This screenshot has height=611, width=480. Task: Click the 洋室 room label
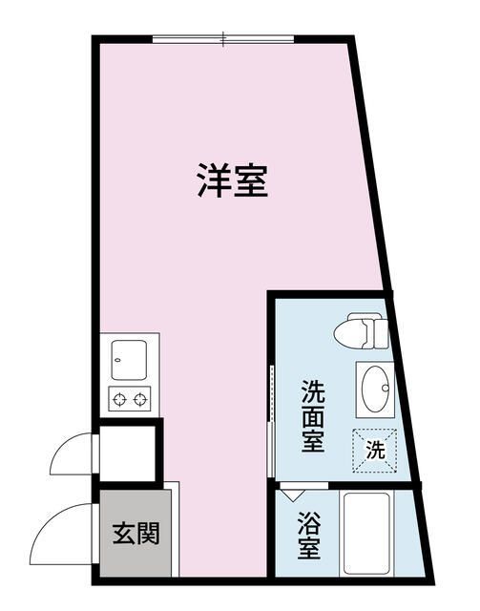tap(233, 180)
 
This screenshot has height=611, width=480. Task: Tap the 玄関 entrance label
tap(136, 533)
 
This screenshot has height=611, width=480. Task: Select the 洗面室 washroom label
tap(313, 415)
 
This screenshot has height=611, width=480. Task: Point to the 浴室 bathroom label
tap(309, 535)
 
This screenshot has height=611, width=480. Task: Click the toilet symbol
tap(361, 331)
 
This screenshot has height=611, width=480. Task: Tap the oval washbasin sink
tap(376, 389)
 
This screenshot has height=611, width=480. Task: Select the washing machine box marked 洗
tap(375, 451)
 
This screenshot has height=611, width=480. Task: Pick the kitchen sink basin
tap(129, 360)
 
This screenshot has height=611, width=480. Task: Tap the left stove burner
tap(119, 399)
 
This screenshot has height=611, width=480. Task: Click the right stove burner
tap(140, 399)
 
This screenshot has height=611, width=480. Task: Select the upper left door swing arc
tap(62, 444)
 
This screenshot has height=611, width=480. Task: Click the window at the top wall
tap(223, 39)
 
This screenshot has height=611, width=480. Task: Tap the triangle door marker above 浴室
tap(293, 495)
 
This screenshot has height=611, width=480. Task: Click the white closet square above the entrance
tap(128, 453)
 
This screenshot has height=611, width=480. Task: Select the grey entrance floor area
tap(136, 533)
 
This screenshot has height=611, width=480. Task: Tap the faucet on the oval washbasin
tap(386, 389)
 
